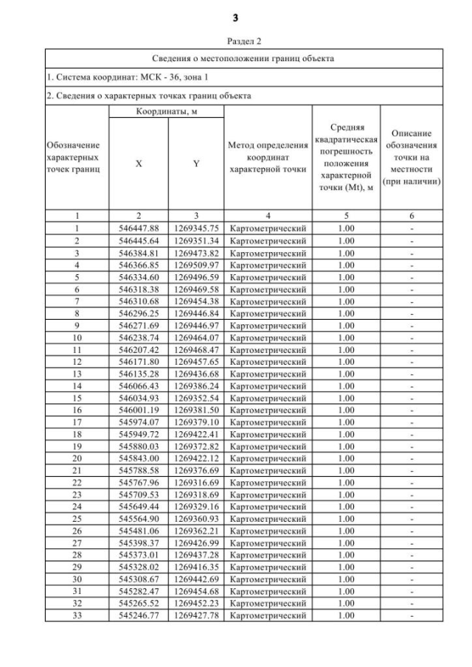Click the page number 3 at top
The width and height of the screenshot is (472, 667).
click(x=236, y=17)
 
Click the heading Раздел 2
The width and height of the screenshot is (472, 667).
click(x=236, y=42)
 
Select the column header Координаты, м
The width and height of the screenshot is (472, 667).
click(x=167, y=111)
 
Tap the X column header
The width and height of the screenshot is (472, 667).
click(x=139, y=164)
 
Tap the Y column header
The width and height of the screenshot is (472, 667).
click(x=196, y=164)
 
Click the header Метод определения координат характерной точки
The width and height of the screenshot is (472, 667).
click(x=268, y=158)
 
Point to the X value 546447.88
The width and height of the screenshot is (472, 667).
click(x=139, y=228)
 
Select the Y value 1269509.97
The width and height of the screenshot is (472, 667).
click(x=196, y=265)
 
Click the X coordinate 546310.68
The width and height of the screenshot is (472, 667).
click(x=139, y=301)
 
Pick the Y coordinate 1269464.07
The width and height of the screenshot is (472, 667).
click(x=196, y=337)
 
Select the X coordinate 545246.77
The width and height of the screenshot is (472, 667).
click(x=139, y=615)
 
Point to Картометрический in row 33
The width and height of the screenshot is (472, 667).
click(x=268, y=615)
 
